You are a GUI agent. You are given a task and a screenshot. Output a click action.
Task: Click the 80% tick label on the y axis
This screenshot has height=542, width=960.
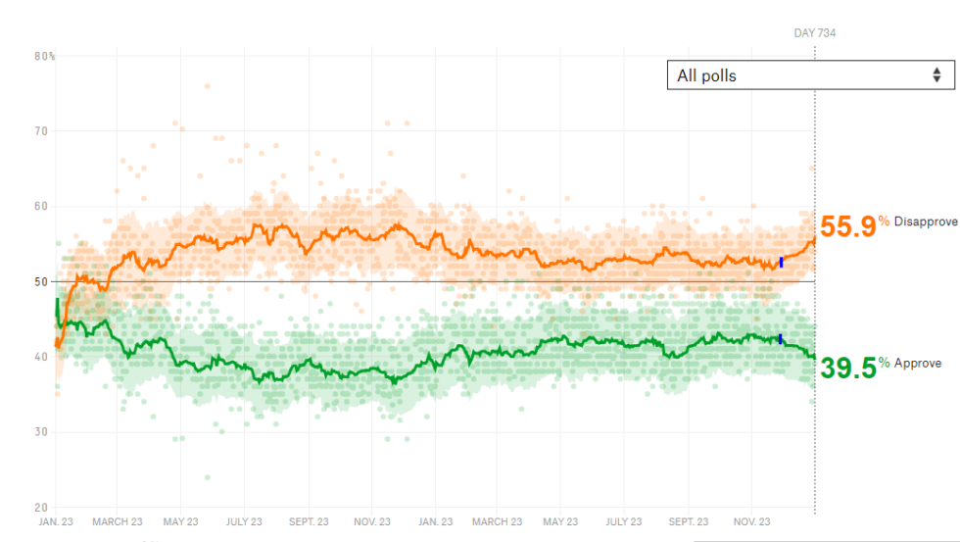point(44,56)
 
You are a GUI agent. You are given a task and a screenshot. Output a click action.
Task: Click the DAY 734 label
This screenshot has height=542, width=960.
point(814,33)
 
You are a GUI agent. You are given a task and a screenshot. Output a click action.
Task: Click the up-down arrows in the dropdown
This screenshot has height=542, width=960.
point(936,74)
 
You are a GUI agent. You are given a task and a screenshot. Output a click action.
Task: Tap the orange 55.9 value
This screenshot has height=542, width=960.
point(847,226)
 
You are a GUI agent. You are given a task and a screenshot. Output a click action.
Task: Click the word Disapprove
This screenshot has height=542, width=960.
point(926,222)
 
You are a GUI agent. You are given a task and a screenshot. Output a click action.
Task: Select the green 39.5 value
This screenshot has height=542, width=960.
point(847,368)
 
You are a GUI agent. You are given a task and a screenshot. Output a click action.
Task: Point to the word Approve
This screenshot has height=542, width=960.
point(918,364)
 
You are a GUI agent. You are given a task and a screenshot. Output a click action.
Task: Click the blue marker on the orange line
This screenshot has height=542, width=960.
point(781,262)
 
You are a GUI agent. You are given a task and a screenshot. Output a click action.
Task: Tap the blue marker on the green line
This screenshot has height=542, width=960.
point(781,339)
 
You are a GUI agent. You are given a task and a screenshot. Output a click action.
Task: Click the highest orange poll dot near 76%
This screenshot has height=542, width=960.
point(207,86)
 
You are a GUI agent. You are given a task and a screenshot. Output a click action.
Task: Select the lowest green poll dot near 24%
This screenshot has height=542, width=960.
point(207,477)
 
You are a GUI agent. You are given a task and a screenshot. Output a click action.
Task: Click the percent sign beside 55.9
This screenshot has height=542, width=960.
point(884,222)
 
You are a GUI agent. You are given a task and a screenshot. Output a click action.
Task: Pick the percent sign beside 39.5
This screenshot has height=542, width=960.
point(884,363)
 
